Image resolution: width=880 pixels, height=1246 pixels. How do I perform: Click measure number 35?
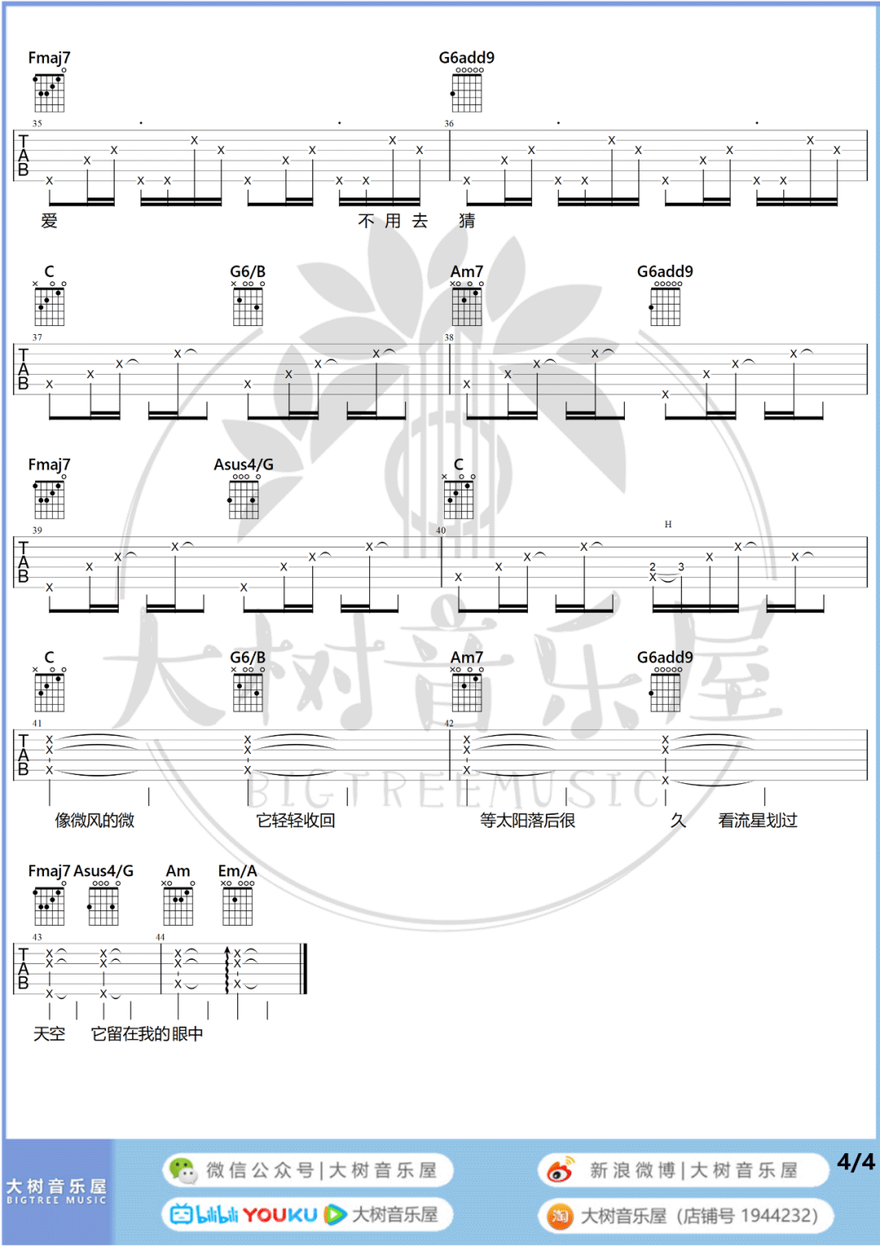click(37, 124)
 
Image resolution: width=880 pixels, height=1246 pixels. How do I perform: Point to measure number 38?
click(449, 337)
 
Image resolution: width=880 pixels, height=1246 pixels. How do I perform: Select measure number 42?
click(449, 724)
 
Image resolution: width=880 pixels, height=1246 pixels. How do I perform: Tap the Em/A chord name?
click(237, 871)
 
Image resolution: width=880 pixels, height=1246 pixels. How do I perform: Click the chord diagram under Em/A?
click(238, 905)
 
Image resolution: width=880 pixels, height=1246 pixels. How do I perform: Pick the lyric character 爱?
click(50, 221)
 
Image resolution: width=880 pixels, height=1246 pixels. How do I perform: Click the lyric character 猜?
click(467, 221)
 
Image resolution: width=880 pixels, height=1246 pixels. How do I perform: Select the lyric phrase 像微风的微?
click(95, 821)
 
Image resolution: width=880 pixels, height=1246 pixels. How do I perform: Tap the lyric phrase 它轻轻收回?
click(296, 821)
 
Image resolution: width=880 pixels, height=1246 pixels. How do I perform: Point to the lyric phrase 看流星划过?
click(758, 821)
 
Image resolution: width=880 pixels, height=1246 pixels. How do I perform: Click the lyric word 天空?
click(49, 1034)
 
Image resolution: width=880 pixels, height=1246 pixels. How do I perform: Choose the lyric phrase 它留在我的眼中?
click(147, 1034)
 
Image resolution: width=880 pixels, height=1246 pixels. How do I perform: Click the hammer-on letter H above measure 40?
click(668, 525)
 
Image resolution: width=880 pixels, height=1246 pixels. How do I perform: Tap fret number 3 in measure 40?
click(681, 567)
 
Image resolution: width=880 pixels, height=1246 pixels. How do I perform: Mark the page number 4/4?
click(856, 1162)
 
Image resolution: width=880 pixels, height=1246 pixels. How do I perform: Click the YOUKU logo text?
click(279, 1215)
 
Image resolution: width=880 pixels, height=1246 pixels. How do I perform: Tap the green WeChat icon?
click(183, 1171)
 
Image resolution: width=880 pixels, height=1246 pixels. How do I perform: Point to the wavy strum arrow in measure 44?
click(227, 970)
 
